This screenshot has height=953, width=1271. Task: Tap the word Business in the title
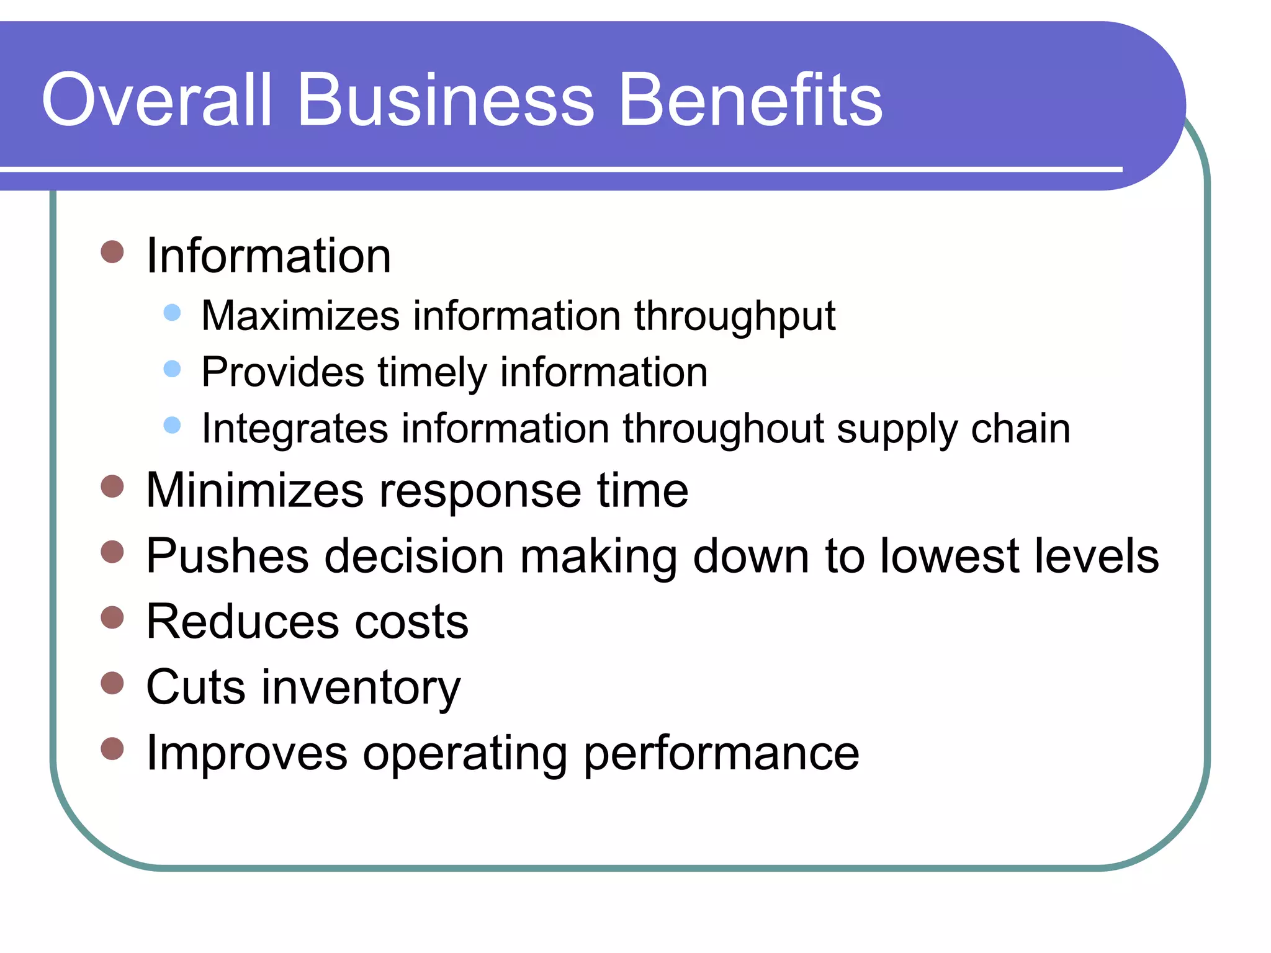pos(446,101)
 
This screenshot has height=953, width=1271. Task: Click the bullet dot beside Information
pos(112,252)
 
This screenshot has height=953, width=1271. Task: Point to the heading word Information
pos(268,256)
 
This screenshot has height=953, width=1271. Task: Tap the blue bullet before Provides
pos(172,369)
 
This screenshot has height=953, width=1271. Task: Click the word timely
pos(432,374)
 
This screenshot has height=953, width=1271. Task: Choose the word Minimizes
pos(254,490)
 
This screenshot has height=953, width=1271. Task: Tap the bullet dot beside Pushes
pos(112,551)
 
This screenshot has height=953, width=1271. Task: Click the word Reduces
pos(243,622)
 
